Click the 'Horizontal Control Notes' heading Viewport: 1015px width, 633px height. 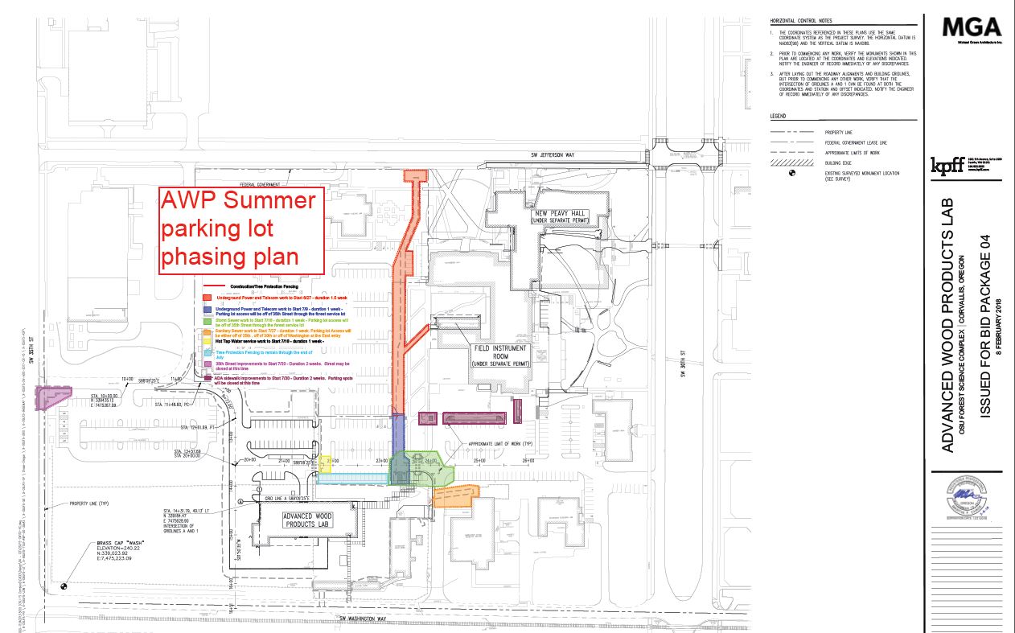pyautogui.click(x=800, y=20)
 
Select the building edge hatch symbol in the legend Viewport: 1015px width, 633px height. pyautogui.click(x=787, y=162)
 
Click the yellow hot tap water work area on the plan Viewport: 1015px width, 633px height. pyautogui.click(x=326, y=464)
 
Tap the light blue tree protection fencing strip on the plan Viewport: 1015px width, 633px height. pyautogui.click(x=352, y=479)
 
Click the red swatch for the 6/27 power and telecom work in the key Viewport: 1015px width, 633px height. pyautogui.click(x=208, y=298)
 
